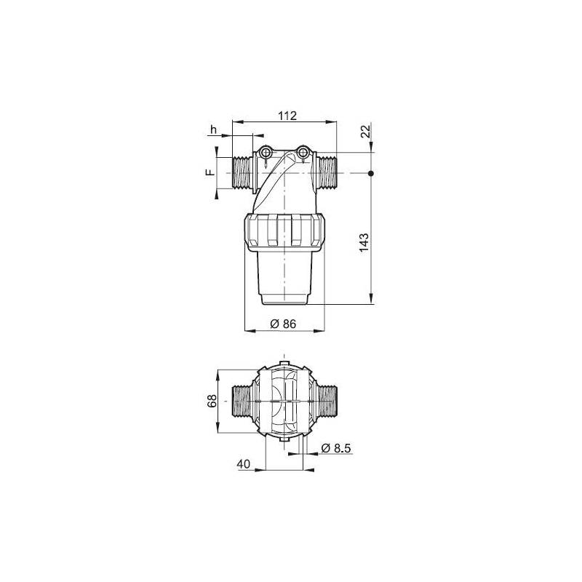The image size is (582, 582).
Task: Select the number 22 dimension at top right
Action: tap(365, 131)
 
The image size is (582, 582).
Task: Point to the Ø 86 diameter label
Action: tap(282, 324)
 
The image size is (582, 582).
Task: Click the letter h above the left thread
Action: tap(213, 130)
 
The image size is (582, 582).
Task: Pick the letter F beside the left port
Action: tap(208, 173)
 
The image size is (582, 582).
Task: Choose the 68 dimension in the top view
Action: tap(212, 401)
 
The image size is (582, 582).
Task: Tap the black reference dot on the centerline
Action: tap(371, 173)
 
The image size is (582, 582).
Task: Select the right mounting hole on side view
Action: tap(303, 152)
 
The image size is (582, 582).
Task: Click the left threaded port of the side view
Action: tap(240, 173)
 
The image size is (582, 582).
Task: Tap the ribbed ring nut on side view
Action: tap(284, 231)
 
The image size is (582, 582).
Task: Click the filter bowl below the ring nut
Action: tap(284, 276)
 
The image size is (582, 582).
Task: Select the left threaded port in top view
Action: tap(242, 401)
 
